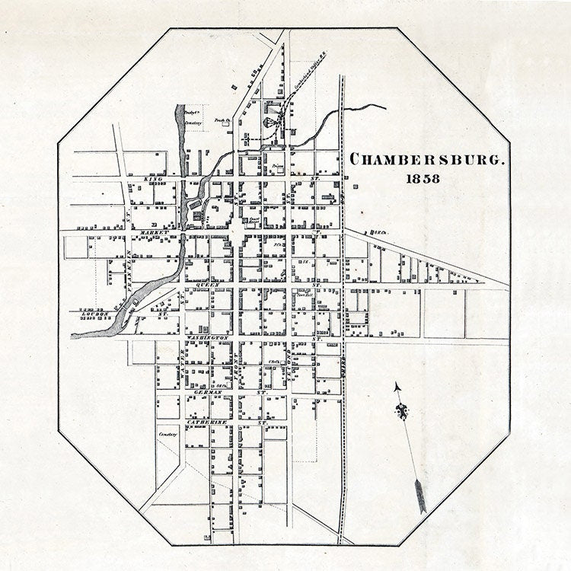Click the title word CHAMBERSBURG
pos(427,160)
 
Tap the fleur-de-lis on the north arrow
pos(401,412)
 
